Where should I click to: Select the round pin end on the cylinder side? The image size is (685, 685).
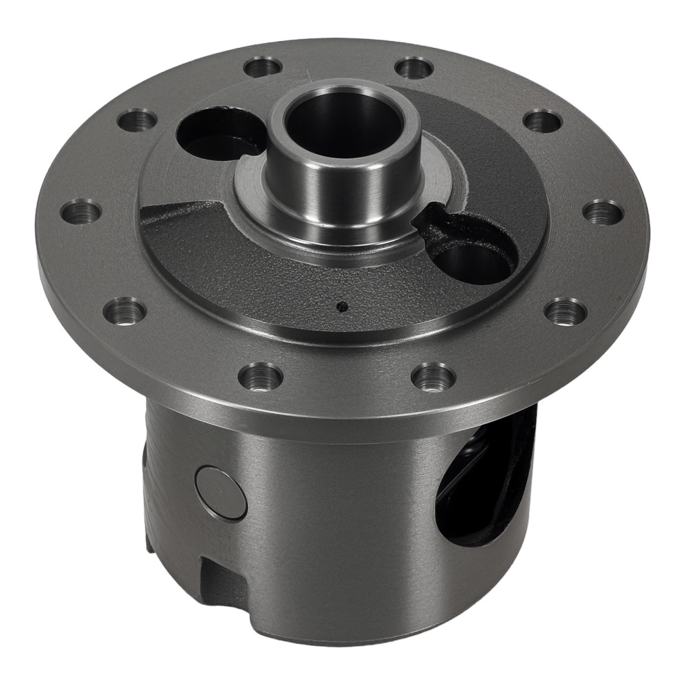point(221,493)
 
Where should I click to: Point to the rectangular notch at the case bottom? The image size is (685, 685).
point(219,580)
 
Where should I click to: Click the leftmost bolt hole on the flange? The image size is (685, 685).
point(81,212)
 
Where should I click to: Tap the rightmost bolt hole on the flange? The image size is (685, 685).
point(603,212)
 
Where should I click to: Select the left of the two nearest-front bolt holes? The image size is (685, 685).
point(260,376)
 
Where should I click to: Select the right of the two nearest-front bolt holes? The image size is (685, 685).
point(434,376)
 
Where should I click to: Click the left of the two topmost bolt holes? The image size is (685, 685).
point(263,67)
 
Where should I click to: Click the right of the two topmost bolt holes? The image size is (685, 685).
point(414,67)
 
